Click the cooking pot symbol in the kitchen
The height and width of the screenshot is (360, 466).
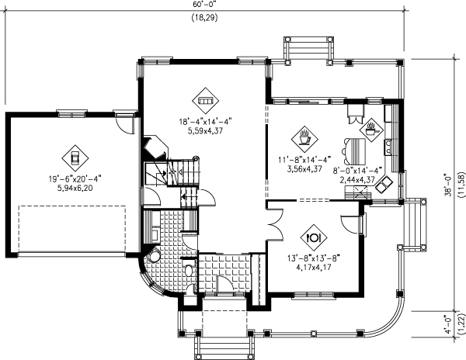370,126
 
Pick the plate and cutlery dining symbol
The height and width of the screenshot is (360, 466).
315,232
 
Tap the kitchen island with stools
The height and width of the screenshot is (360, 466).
355,147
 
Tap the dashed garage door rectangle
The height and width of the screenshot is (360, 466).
72,227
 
